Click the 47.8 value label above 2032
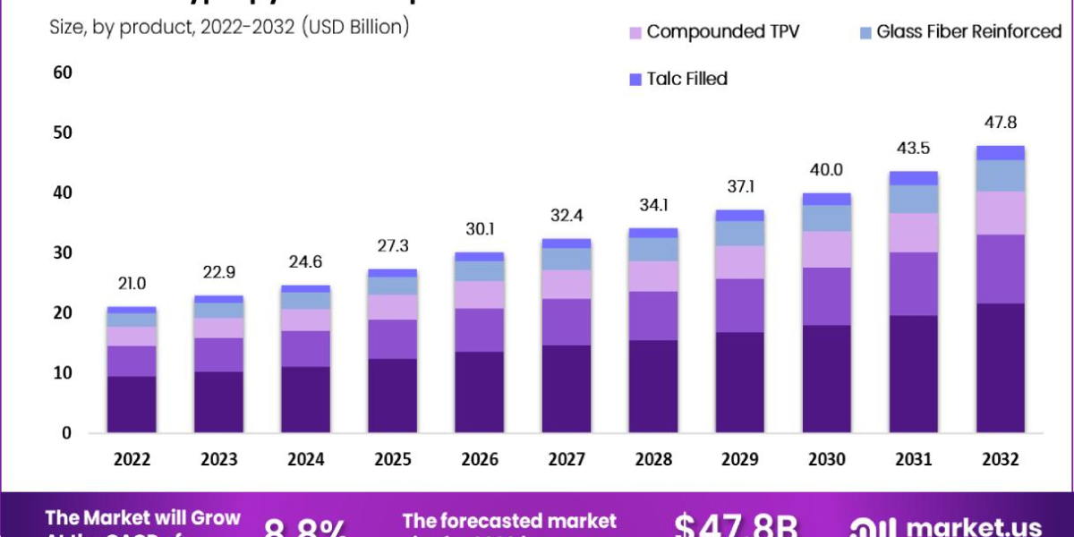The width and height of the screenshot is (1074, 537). tap(1000, 123)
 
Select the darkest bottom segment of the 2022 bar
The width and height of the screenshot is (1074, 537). tap(132, 404)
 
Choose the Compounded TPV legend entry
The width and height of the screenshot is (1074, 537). tap(712, 32)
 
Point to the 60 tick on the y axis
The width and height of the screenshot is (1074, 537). tap(62, 72)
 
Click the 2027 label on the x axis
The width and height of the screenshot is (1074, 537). tap(566, 459)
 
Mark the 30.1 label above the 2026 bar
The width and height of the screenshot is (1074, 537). tap(479, 230)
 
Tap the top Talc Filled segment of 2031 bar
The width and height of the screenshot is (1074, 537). tap(914, 178)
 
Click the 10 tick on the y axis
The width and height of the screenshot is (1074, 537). tap(62, 372)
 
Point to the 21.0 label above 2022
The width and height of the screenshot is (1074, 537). tap(132, 285)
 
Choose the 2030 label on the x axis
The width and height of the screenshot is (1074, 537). tap(826, 459)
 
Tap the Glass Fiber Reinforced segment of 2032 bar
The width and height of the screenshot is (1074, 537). tap(1000, 175)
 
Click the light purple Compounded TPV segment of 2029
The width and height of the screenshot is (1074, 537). tap(739, 262)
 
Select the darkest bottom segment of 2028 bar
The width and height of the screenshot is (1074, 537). tap(652, 386)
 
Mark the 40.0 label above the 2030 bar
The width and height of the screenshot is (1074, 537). tap(826, 170)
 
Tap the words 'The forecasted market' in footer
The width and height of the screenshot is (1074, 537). tap(509, 520)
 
